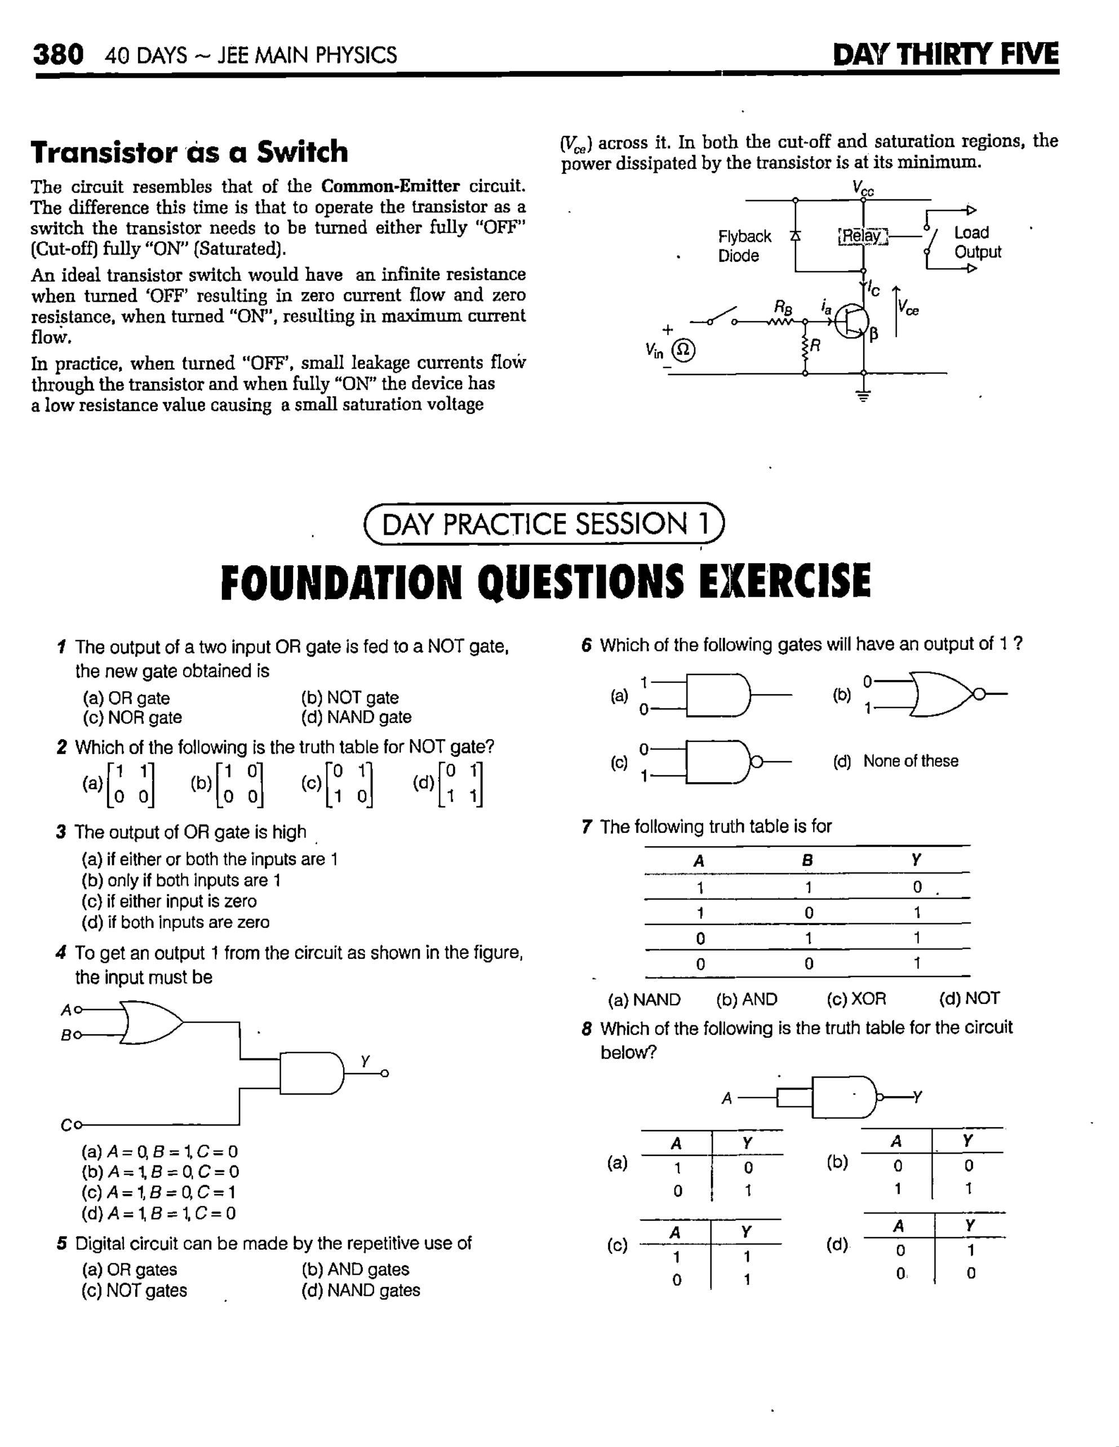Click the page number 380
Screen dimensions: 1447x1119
tap(59, 54)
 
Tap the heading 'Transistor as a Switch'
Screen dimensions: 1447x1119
tap(189, 151)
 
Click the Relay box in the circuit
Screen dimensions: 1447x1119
tap(862, 236)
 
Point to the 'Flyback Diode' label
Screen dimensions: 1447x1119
tap(744, 246)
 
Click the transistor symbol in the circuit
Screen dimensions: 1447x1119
tap(851, 321)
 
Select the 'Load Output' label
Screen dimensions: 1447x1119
tap(977, 243)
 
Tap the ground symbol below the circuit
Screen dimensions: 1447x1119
tap(863, 396)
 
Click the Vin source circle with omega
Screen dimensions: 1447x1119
tap(684, 350)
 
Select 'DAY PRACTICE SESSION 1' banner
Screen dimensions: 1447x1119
tap(544, 524)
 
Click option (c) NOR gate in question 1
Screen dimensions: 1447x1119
tap(132, 717)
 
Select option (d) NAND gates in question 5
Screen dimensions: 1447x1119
tap(361, 1290)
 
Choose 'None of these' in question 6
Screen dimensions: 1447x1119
tap(909, 761)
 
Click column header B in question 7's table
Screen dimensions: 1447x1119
tap(807, 861)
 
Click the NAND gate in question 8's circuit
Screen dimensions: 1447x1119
tap(844, 1098)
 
